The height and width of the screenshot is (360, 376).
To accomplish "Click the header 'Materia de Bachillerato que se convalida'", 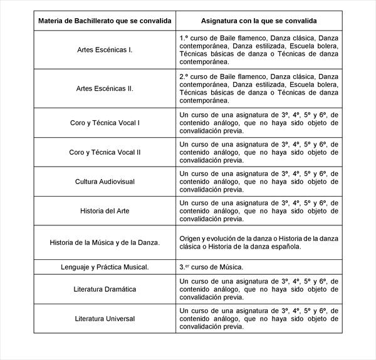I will (105, 21).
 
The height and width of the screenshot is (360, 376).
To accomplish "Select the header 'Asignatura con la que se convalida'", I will (259, 21).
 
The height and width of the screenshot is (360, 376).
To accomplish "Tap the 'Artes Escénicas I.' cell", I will (105, 49).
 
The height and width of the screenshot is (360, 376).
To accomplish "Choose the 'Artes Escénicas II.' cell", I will (105, 88).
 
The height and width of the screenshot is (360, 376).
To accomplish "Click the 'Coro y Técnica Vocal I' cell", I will (105, 123).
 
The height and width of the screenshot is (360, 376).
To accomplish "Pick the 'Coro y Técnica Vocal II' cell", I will (105, 152).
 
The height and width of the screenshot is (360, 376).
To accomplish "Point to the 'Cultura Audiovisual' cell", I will (105, 182).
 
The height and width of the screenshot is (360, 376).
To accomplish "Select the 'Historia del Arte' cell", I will (105, 211).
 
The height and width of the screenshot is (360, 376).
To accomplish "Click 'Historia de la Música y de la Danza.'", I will (105, 242).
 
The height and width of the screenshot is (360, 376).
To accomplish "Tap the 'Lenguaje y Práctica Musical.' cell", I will (105, 267).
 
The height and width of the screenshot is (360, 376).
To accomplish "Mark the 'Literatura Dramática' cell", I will (105, 289).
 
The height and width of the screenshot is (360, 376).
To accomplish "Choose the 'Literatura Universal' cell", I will (105, 319).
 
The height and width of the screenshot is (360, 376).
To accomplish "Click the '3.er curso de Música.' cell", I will (211, 267).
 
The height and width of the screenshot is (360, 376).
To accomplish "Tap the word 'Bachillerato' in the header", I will (88, 21).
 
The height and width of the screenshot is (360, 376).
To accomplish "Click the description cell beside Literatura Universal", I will (259, 319).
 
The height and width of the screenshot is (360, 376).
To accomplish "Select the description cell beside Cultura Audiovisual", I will (259, 182).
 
